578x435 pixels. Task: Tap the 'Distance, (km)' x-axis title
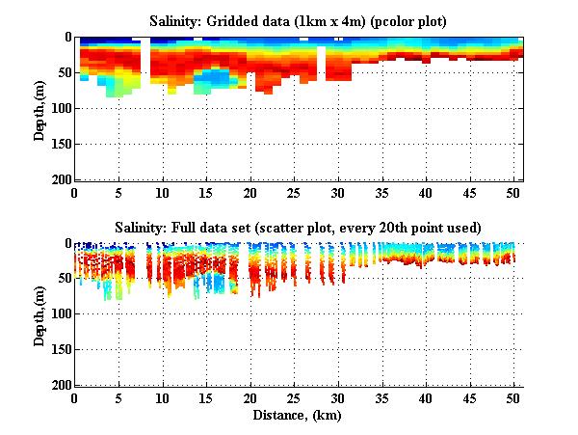[x=298, y=415]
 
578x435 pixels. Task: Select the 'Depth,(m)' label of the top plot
[x=39, y=109]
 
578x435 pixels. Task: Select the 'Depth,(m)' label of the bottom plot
[x=39, y=314]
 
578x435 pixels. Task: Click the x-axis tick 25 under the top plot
[x=295, y=193]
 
